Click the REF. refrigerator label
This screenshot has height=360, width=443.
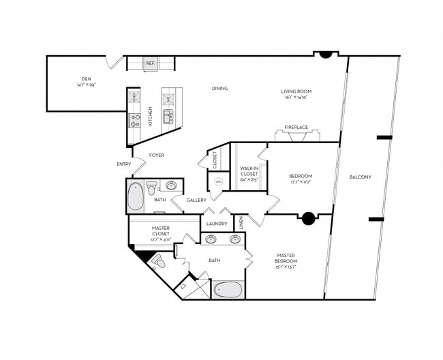[151, 63]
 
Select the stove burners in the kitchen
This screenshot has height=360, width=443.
[134, 121]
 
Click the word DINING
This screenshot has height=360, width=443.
[219, 88]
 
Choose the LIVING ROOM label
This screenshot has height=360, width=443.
[296, 91]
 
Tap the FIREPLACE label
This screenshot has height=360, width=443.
[296, 127]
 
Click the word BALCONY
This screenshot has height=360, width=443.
[360, 177]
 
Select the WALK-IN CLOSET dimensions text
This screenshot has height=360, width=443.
[247, 181]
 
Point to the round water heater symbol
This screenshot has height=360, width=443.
[219, 182]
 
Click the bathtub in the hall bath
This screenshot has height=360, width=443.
[136, 196]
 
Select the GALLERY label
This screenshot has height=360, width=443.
[197, 200]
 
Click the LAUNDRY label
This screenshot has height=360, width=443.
[216, 223]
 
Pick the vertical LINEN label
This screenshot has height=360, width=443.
[241, 222]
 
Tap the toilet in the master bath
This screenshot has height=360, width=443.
[159, 261]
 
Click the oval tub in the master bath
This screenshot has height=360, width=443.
[228, 290]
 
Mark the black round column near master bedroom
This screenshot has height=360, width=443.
[308, 218]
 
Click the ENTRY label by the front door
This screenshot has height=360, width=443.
[123, 164]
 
